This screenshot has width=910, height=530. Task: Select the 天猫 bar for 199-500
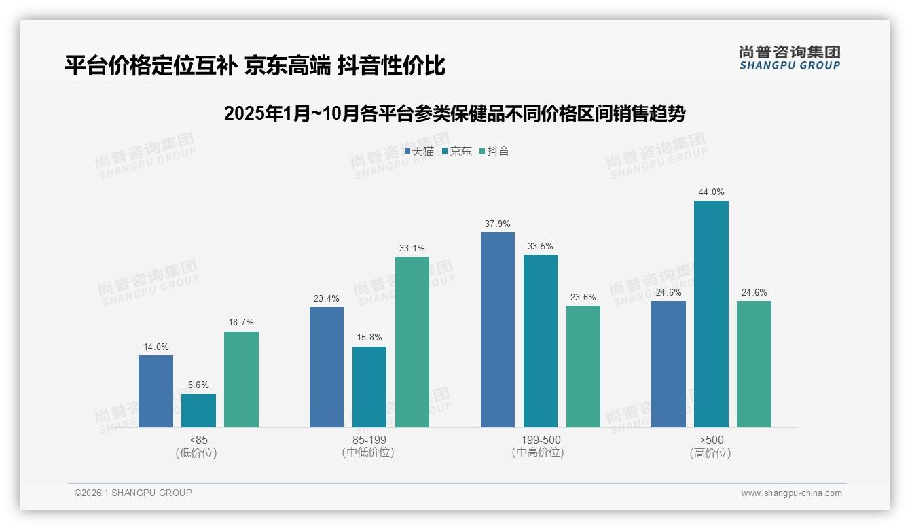coord(498,330)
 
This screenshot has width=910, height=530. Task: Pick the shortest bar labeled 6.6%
coord(198,410)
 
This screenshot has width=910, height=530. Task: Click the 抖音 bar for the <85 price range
coord(241,379)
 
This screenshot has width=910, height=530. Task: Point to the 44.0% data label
coord(711,192)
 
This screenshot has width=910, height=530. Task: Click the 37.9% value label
coord(498,224)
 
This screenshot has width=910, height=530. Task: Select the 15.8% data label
coord(369,338)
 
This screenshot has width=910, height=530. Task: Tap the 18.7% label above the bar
coord(241,323)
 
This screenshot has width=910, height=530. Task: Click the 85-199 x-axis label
coord(369,440)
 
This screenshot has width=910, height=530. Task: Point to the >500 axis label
coord(711,440)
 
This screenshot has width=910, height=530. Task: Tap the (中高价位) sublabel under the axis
coord(541,453)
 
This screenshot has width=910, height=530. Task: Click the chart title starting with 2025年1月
coord(454,113)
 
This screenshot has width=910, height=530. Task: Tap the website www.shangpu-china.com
coord(791,493)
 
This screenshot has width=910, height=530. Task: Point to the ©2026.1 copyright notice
coord(133,493)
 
